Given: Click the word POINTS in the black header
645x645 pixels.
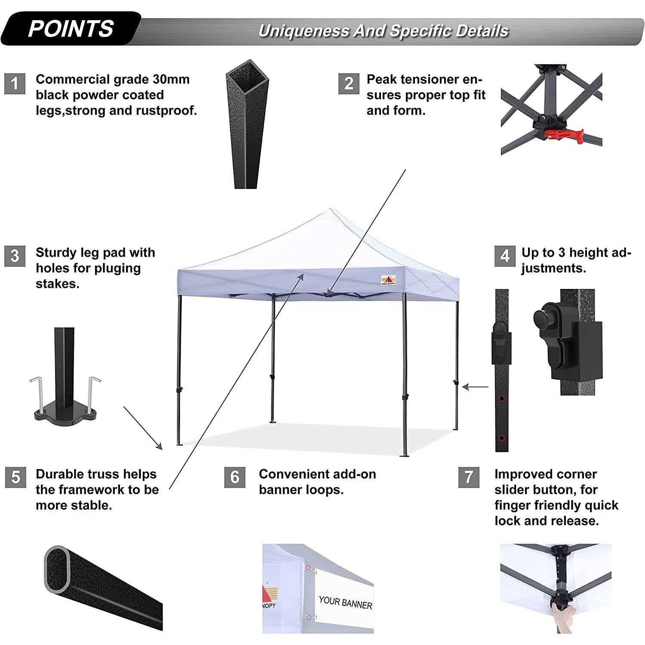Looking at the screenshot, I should pos(71,29).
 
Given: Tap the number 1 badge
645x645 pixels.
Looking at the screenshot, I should pos(15,83).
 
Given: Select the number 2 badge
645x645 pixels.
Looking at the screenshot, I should pos(349,83).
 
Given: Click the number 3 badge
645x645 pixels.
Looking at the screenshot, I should pos(15,256).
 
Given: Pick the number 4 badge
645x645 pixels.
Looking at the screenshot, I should pos(505,256).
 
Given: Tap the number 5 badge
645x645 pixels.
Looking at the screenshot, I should pos(15,477).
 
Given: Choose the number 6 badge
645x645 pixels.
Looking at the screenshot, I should pos(235,477).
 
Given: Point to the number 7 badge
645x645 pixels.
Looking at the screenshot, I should pos(469,477).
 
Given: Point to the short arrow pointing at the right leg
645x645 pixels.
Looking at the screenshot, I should pos(475,387).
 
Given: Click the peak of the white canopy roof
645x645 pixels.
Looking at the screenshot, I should pos(330,210).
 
